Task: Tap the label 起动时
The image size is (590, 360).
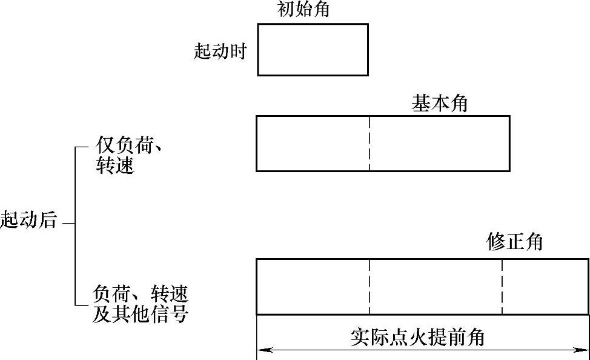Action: pyautogui.click(x=220, y=52)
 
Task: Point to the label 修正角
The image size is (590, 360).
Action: pyautogui.click(x=514, y=242)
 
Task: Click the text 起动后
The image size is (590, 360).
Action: pyautogui.click(x=28, y=219)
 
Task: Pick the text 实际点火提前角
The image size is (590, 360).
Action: pyautogui.click(x=417, y=337)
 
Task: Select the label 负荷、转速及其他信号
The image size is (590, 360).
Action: pyautogui.click(x=140, y=304)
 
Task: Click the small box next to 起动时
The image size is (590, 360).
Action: pyautogui.click(x=313, y=49)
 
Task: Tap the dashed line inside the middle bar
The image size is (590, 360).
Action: pyautogui.click(x=369, y=144)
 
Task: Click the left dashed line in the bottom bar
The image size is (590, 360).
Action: pyautogui.click(x=369, y=287)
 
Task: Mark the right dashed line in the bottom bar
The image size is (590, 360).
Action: pyautogui.click(x=502, y=287)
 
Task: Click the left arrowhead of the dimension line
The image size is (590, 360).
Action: pyautogui.click(x=262, y=350)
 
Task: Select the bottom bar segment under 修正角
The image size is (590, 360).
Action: pyautogui.click(x=545, y=287)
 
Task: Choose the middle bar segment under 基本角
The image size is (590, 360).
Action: pyautogui.click(x=439, y=144)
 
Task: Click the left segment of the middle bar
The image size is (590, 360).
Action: pyautogui.click(x=313, y=144)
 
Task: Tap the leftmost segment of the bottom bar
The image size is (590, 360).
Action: pyautogui.click(x=313, y=287)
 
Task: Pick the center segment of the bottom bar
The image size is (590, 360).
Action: pyautogui.click(x=436, y=287)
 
